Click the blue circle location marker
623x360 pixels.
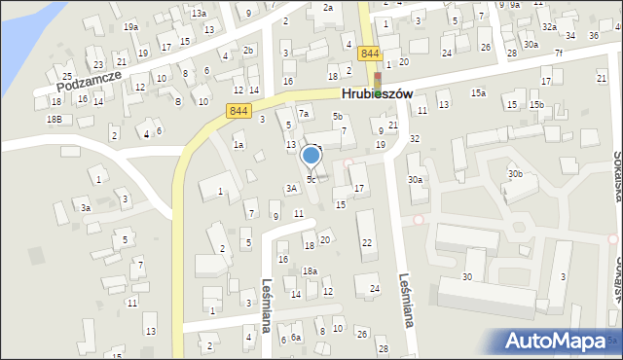point(311,155)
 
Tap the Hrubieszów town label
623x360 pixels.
point(378,94)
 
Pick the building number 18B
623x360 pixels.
point(54,119)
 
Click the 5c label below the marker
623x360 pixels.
point(311,179)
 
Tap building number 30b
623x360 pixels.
point(515,174)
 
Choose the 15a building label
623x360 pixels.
point(478,93)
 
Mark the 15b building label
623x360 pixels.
point(536,104)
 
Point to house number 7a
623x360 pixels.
point(303,114)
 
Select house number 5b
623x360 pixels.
point(337,117)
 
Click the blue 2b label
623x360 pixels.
point(249,50)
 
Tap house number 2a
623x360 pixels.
point(328,7)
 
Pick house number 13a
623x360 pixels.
point(199,13)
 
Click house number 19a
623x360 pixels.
point(130,27)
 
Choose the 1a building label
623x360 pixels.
point(238,145)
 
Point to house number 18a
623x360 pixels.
point(310,270)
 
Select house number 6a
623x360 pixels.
point(296,338)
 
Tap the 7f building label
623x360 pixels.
point(558,53)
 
